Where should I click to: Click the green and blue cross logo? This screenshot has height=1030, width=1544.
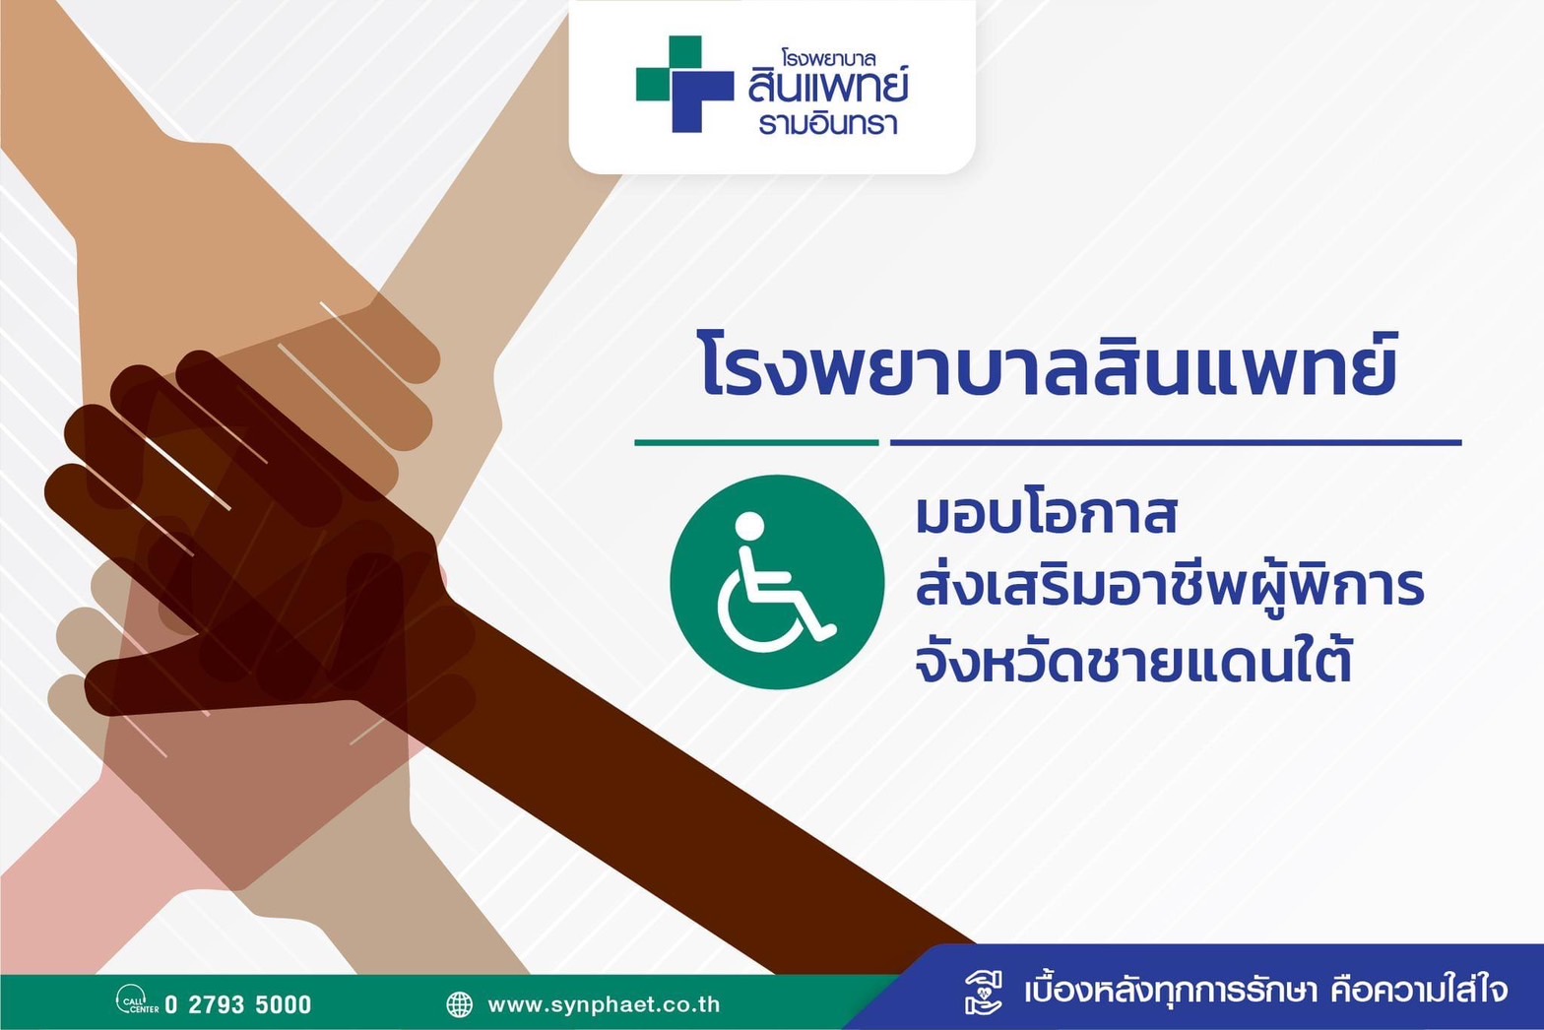coord(684,84)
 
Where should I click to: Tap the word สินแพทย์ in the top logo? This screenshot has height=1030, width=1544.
coord(828,84)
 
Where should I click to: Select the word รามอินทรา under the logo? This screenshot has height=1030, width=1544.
coord(828,124)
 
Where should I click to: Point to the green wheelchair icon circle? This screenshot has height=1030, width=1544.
coord(777,582)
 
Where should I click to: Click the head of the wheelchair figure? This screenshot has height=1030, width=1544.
coord(749,526)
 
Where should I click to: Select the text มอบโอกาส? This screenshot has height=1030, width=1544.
coord(1046,513)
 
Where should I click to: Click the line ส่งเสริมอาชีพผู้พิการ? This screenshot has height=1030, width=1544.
coord(1169,585)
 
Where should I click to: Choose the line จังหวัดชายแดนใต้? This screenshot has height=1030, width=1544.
coord(1133,660)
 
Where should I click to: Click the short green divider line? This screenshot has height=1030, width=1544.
coord(756,442)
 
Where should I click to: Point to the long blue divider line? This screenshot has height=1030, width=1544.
coord(1176,442)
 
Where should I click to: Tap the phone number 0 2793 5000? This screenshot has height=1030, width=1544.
coord(238,1004)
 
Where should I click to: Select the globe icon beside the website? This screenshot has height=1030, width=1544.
coord(460,1004)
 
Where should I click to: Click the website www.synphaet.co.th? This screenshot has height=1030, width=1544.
coord(604,1004)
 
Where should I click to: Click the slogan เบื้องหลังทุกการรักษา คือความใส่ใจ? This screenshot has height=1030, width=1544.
coord(1266,991)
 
